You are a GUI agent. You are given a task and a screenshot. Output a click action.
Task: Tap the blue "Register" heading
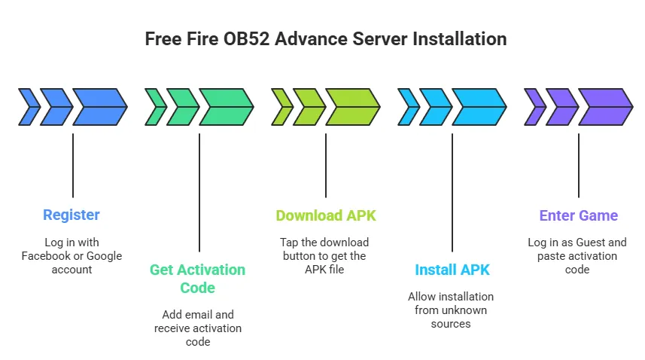pos(71,215)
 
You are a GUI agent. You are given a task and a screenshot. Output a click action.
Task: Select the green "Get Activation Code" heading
pos(197,279)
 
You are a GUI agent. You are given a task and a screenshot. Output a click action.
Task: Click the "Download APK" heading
pos(325,215)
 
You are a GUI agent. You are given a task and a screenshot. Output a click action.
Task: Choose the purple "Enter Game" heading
pos(578,215)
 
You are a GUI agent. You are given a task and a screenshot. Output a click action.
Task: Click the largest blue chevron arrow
pos(100,106)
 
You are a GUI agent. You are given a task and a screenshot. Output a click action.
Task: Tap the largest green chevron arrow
pos(227,106)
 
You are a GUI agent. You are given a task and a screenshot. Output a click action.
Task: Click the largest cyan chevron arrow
pos(479,106)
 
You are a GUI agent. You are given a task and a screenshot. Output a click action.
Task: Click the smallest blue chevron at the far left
pos(29,106)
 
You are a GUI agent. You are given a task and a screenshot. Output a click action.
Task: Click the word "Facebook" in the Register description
pos(47,256)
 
